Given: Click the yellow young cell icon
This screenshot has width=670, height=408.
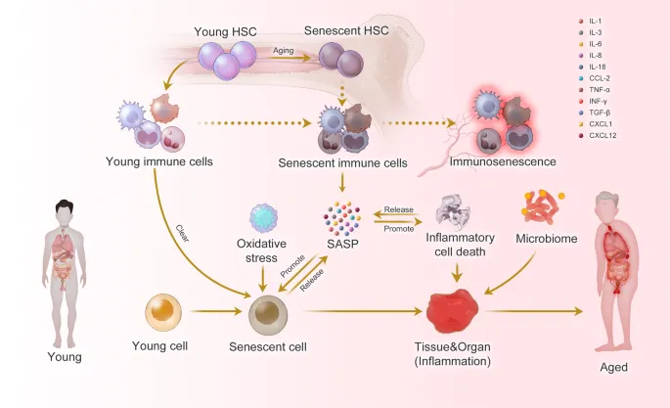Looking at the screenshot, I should tap(163, 312).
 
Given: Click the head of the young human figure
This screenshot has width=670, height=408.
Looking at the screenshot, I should tap(65, 208).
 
